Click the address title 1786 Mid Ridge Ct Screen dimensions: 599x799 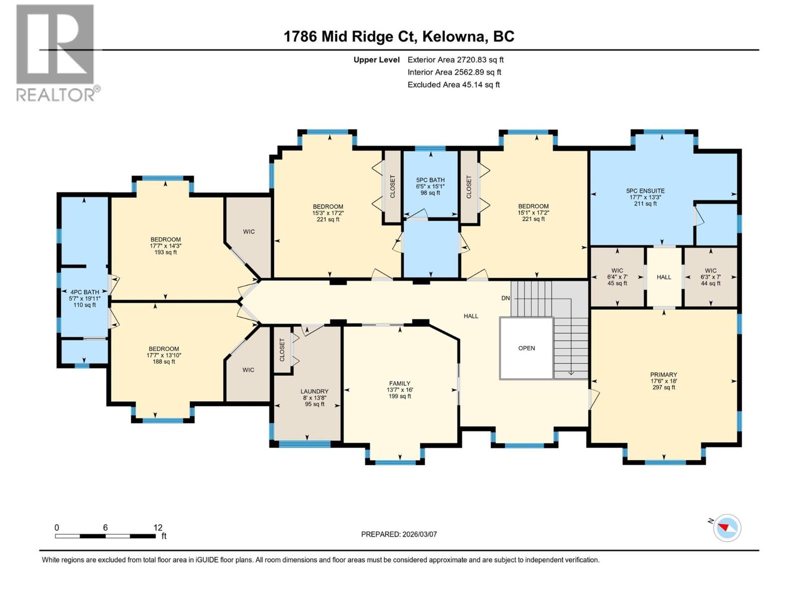click(399, 36)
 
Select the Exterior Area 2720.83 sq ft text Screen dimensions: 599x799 click(455, 59)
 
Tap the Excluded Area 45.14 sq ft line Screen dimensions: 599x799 click(453, 84)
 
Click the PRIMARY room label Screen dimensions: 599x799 click(664, 380)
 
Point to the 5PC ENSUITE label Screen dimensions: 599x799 click(645, 197)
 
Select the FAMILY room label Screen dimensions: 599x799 click(399, 389)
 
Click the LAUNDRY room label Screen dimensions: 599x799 click(314, 397)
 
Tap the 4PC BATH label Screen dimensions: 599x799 click(84, 298)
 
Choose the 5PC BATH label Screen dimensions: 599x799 click(430, 186)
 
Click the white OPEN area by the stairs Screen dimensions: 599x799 click(526, 348)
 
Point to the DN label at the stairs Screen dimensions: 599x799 click(506, 298)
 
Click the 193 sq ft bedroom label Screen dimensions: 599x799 click(165, 246)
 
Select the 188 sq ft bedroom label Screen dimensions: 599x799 click(164, 355)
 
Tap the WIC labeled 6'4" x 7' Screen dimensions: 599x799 click(617, 277)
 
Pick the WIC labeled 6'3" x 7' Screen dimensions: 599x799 click(711, 277)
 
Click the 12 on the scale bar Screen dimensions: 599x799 click(158, 528)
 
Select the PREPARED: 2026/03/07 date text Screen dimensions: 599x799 click(399, 534)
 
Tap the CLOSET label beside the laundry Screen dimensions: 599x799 click(282, 350)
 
